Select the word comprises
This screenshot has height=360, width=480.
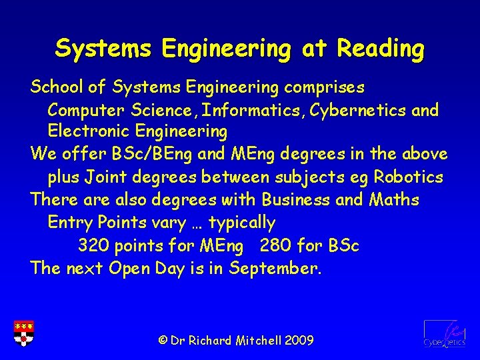(x=325, y=87)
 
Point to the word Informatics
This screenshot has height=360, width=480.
(x=239, y=110)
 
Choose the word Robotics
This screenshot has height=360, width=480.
(x=408, y=177)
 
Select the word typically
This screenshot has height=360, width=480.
(x=242, y=222)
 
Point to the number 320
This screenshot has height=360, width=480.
(x=94, y=245)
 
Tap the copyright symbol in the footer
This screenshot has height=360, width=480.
(x=162, y=341)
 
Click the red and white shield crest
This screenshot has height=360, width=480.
(x=24, y=333)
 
